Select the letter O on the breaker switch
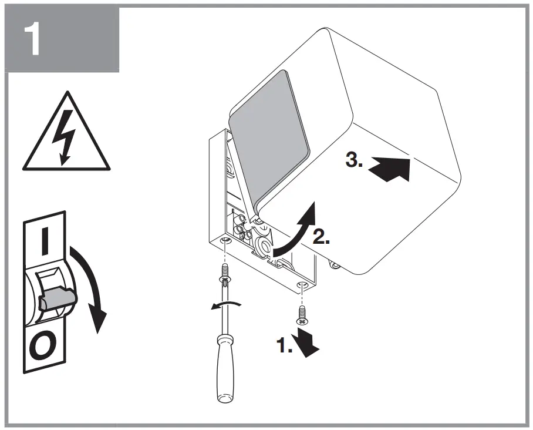click(42, 347)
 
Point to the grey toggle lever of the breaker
click(57, 299)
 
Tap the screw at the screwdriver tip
click(225, 273)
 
